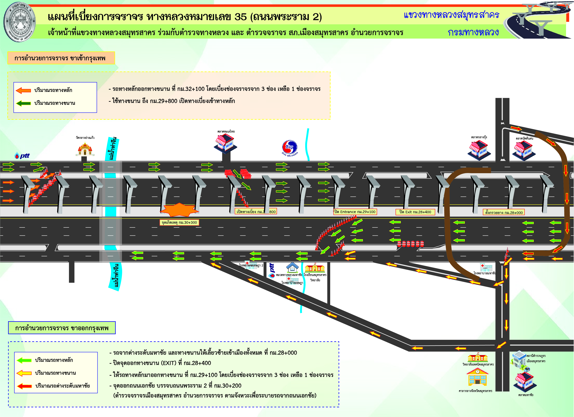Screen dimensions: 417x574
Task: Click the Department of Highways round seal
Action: coord(20,22)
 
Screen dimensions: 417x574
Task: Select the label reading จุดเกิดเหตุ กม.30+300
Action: coord(179,222)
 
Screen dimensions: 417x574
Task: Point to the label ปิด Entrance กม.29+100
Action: coord(355,212)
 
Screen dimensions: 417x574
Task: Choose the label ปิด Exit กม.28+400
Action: coord(415,212)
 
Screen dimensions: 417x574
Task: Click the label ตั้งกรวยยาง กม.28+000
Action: coord(504,213)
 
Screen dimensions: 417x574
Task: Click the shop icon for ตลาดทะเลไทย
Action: coord(225,143)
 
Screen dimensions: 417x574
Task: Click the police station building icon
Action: coord(519,360)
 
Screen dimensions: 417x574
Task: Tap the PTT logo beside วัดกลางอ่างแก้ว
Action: coord(22,156)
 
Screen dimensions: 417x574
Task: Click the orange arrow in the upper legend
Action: coord(23,90)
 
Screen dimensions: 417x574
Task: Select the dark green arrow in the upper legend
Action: coord(23,103)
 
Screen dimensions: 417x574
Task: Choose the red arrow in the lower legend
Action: coord(24,386)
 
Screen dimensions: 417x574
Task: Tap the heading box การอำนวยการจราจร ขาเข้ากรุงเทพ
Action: coord(61,58)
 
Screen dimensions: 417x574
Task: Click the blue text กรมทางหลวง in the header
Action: coord(473,32)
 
